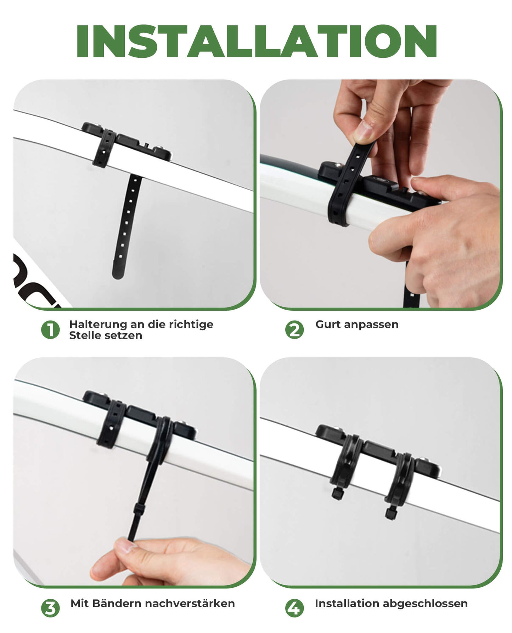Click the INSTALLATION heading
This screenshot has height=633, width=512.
click(x=256, y=41)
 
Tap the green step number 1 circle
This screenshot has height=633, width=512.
click(x=50, y=330)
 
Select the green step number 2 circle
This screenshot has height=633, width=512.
click(x=294, y=330)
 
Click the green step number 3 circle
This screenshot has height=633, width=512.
click(x=50, y=608)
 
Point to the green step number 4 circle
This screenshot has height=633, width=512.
click(x=294, y=608)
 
